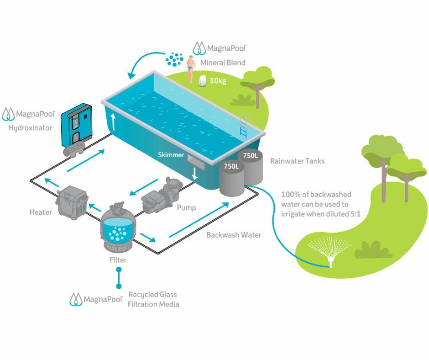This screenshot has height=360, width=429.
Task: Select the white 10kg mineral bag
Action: pyautogui.click(x=202, y=81)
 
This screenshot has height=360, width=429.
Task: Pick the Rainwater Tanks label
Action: pyautogui.click(x=297, y=161)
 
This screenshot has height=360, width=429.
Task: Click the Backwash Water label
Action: pyautogui.click(x=234, y=235)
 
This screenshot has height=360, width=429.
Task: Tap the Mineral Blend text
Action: pyautogui.click(x=223, y=63)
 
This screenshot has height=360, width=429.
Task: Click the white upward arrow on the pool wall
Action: pyautogui.click(x=113, y=122)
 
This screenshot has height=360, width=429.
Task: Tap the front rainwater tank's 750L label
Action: pyautogui.click(x=230, y=166)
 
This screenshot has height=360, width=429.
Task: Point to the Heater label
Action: pyautogui.click(x=41, y=212)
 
